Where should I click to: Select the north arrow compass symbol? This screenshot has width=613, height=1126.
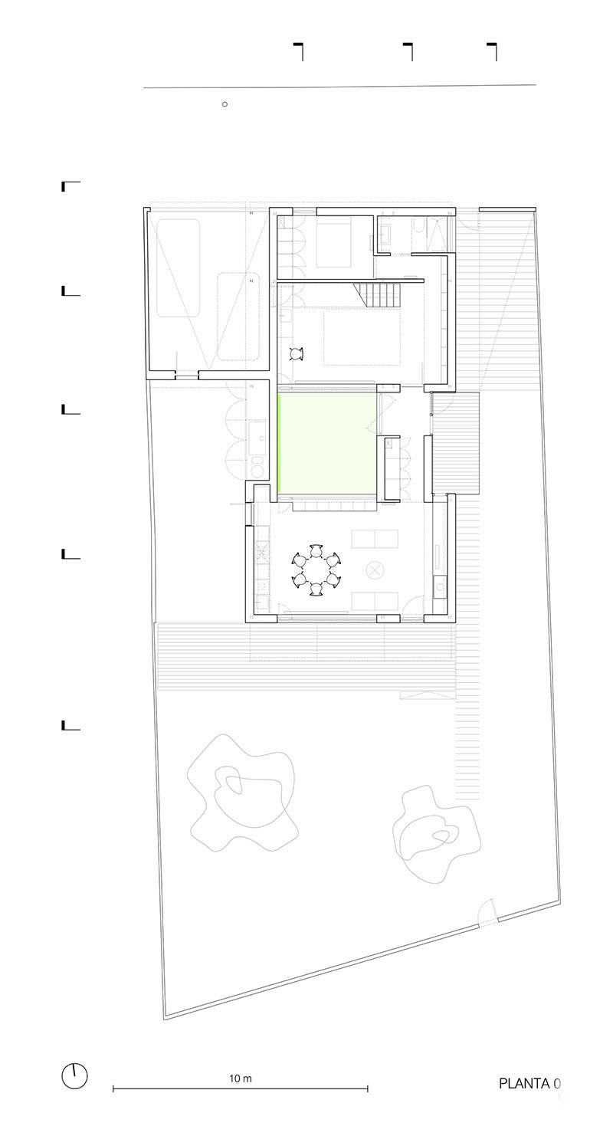(x=74, y=1076)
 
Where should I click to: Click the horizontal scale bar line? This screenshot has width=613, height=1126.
(x=240, y=1088)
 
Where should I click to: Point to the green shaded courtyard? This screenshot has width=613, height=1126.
(x=327, y=443)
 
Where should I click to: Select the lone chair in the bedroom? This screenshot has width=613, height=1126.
(x=297, y=354)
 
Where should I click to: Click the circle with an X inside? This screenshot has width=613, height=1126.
(x=375, y=570)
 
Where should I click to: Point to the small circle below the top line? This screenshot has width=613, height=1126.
(x=225, y=104)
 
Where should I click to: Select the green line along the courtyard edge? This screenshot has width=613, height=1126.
(x=278, y=443)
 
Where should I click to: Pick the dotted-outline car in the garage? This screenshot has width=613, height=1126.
(x=238, y=317)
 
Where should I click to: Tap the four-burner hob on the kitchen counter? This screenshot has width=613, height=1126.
(x=262, y=550)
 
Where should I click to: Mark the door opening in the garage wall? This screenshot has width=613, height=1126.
(x=186, y=375)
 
